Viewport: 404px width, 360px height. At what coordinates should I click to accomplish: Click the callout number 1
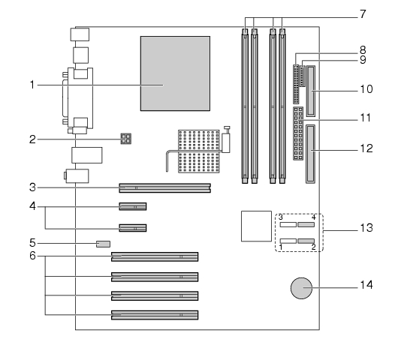coord(32,85)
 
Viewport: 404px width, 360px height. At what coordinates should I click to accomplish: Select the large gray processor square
coord(175,73)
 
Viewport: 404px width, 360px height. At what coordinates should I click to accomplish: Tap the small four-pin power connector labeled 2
coord(126,139)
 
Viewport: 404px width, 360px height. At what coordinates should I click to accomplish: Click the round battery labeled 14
coord(301,288)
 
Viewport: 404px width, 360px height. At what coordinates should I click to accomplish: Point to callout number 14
coord(366,285)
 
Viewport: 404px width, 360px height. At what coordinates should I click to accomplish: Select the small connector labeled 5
coord(104,244)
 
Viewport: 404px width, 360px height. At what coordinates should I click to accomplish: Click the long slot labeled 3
coord(165,187)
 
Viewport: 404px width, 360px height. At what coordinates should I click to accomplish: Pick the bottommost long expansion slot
coord(155,315)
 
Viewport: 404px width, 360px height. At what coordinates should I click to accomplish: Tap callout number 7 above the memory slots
coord(363,14)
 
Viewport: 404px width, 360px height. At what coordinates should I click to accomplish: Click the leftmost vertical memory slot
coord(245,106)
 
